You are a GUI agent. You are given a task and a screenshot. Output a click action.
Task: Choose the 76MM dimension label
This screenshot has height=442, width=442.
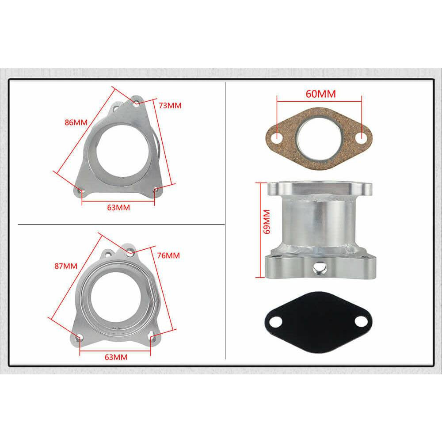point(168,255)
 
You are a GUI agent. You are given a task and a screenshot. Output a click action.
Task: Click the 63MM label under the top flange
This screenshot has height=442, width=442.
point(118,207)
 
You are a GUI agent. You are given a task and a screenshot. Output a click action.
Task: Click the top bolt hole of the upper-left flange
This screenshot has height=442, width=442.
point(136,103)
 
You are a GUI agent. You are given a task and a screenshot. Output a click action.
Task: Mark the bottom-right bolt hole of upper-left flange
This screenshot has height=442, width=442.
point(156,190)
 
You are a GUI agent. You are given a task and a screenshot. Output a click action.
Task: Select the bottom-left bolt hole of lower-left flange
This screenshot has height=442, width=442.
point(79,338)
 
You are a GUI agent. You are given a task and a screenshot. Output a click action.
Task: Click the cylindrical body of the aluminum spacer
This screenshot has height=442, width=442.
point(318,223)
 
